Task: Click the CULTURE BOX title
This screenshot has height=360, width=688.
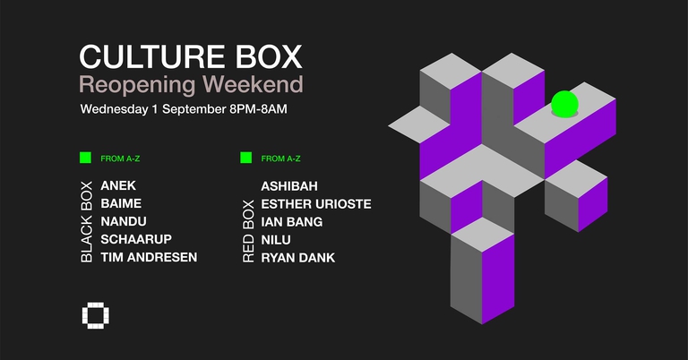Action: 191,56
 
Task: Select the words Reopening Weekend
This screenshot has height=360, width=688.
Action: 191,86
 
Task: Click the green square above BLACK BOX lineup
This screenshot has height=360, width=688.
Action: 85,159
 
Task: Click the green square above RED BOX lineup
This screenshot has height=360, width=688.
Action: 245,159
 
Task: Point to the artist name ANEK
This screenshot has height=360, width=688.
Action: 119,185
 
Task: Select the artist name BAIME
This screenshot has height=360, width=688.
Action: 121,203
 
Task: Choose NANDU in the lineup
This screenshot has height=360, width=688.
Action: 125,221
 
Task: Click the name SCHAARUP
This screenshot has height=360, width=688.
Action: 136,239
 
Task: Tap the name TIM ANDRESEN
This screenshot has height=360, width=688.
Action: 149,257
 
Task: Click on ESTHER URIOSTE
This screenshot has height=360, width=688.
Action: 315,203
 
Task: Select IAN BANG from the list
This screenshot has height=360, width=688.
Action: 291,221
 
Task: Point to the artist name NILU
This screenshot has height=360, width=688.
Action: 277,239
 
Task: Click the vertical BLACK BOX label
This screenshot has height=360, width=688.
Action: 87,220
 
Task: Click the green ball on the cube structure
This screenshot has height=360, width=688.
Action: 564,104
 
